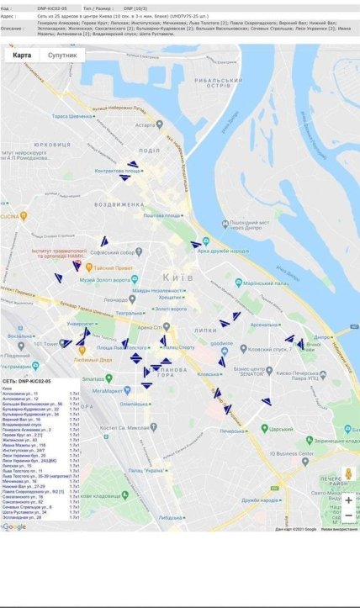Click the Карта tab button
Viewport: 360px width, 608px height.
click(22, 55)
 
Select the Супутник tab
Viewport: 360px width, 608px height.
click(62, 55)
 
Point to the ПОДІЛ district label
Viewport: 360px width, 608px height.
click(150, 151)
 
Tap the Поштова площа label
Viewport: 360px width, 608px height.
click(162, 215)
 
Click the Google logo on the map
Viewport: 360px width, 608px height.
click(13, 526)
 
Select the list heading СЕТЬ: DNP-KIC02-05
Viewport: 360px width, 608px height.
click(28, 382)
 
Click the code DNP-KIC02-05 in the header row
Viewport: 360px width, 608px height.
click(53, 8)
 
